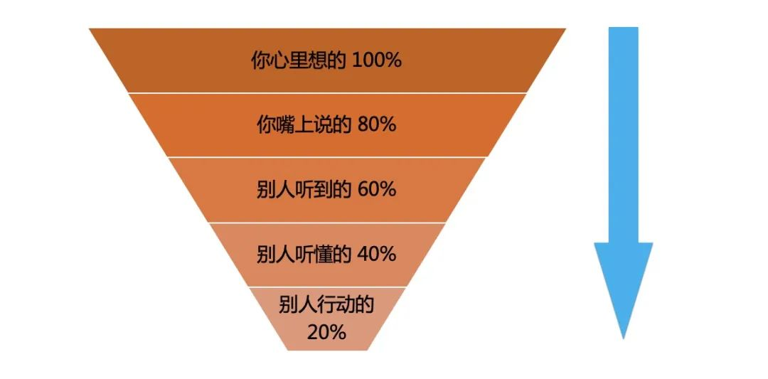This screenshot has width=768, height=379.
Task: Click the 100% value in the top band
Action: pos(377,60)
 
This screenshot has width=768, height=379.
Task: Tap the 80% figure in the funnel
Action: pos(376,125)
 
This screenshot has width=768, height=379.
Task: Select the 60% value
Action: pos(376,189)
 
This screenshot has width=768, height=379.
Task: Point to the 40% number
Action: pos(376,254)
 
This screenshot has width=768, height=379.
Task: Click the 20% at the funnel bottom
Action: pos(326,333)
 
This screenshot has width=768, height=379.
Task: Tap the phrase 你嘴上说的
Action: pos(304,125)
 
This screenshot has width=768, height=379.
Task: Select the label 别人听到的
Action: pos(304,189)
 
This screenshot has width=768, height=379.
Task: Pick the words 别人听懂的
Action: pos(304,254)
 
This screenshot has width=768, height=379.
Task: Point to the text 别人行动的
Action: pos(326,304)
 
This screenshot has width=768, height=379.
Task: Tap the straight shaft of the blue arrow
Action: pos(623,134)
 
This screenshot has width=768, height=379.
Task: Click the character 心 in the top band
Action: pos(279,60)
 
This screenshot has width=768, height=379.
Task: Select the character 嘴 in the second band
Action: pos(284,125)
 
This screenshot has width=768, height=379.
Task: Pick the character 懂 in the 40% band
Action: pos(323,254)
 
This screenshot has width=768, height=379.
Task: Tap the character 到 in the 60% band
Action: pos(323,189)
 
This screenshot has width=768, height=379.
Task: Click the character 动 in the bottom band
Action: pos(346,304)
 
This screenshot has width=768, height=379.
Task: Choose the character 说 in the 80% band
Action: pos(323,125)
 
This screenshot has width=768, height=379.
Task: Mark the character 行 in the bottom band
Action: pos(326,304)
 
